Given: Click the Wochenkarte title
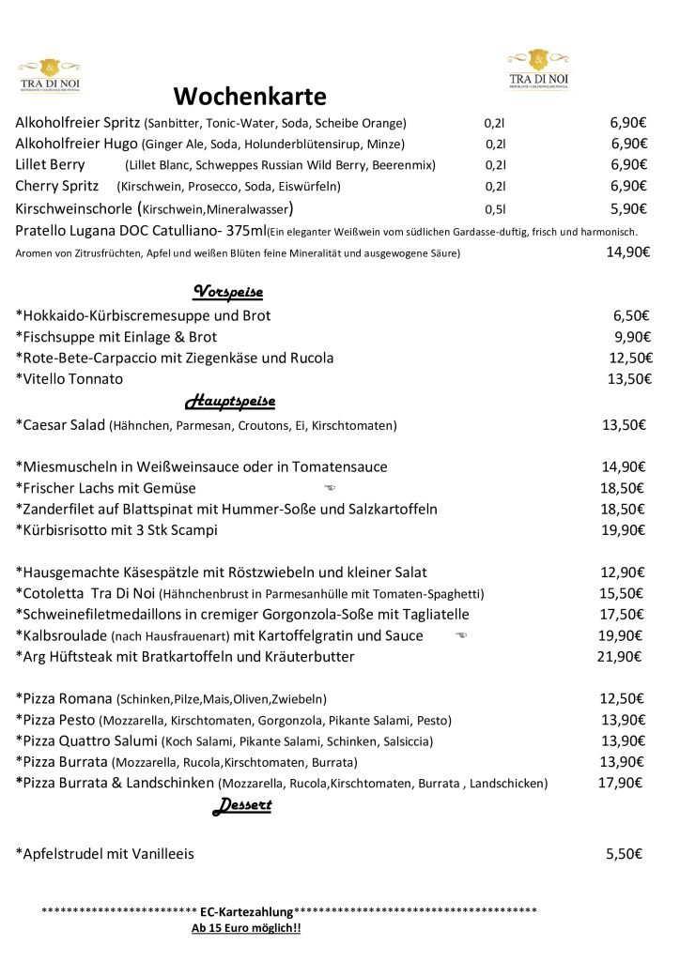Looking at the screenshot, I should click(x=250, y=97).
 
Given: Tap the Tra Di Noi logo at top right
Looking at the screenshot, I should click(x=538, y=69).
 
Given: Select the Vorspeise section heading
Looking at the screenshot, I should click(x=227, y=291).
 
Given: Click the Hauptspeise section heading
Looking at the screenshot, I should click(x=230, y=402).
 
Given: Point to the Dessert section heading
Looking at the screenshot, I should click(x=241, y=805).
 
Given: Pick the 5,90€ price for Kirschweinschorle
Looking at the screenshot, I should click(x=628, y=208).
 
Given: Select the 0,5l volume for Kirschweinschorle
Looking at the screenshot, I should click(x=495, y=209).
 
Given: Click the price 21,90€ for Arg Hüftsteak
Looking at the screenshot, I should click(x=619, y=656).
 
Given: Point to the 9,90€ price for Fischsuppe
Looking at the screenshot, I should click(x=631, y=336).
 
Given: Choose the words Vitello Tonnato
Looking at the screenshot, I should click(x=72, y=378).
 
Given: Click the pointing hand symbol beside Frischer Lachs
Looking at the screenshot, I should click(x=329, y=488).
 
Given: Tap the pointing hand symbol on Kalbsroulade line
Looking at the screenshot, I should click(x=460, y=635).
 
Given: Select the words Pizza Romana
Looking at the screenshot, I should click(x=67, y=698).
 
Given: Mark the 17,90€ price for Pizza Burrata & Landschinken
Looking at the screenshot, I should click(x=621, y=783).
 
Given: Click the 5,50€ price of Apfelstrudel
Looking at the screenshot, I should click(x=624, y=854).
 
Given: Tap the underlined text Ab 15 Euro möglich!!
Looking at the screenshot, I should click(x=246, y=928).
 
